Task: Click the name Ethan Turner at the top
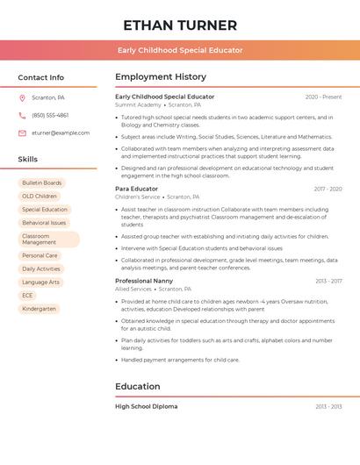pyautogui.click(x=180, y=25)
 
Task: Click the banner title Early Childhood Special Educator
pyautogui.click(x=180, y=51)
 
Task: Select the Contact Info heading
pyautogui.click(x=40, y=77)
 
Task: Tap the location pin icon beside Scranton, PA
pyautogui.click(x=22, y=97)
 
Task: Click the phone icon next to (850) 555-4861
pyautogui.click(x=22, y=115)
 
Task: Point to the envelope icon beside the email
pyautogui.click(x=22, y=133)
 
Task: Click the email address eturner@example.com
pyautogui.click(x=61, y=133)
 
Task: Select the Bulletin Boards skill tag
pyautogui.click(x=42, y=183)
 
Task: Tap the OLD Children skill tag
pyautogui.click(x=40, y=197)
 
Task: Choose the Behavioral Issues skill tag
pyautogui.click(x=44, y=223)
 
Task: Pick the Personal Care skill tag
pyautogui.click(x=40, y=255)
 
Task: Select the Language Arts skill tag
pyautogui.click(x=41, y=282)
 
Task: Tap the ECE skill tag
pyautogui.click(x=27, y=296)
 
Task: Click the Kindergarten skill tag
pyautogui.click(x=39, y=309)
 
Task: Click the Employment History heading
pyautogui.click(x=161, y=77)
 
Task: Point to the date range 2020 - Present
pyautogui.click(x=323, y=97)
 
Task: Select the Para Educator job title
pyautogui.click(x=137, y=189)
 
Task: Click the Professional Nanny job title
pyautogui.click(x=144, y=281)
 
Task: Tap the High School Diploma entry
pyautogui.click(x=146, y=407)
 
